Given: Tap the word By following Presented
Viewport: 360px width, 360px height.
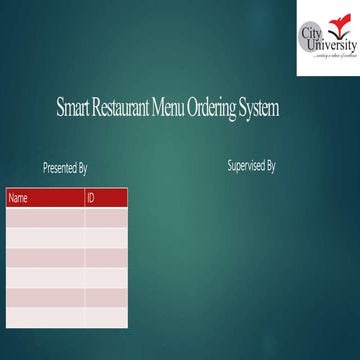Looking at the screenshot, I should click(x=82, y=168).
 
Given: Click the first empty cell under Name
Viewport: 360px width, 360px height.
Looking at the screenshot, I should click(x=45, y=217).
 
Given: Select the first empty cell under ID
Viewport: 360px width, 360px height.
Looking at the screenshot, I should click(x=106, y=217).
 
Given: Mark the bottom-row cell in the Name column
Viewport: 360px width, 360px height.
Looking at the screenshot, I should click(x=45, y=316).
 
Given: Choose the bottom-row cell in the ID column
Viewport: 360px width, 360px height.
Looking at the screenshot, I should click(x=106, y=316).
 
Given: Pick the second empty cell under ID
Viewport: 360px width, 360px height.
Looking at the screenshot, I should click(x=106, y=237).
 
